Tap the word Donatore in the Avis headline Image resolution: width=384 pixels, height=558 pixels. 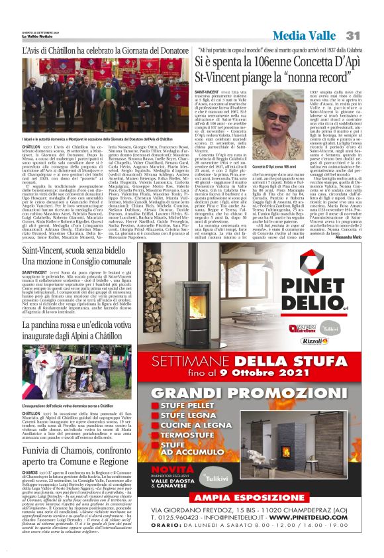pos(158,50)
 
